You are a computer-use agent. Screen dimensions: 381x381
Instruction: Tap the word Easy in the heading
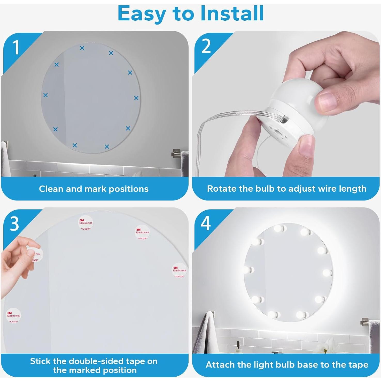click(142, 14)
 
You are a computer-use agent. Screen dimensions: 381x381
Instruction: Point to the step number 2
click(206, 47)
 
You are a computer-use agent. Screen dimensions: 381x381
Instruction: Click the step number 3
click(14, 224)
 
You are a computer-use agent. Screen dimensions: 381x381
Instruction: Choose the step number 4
click(206, 223)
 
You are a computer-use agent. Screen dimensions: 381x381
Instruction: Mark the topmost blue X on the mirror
click(82, 48)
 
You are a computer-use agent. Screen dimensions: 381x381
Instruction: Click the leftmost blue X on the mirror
click(45, 95)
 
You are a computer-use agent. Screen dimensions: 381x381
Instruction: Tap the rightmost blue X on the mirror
click(136, 98)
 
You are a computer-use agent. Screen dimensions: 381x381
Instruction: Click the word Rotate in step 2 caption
click(222, 189)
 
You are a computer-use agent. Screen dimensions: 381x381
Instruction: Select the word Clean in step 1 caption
click(51, 189)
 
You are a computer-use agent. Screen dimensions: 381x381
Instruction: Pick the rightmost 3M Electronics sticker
click(179, 270)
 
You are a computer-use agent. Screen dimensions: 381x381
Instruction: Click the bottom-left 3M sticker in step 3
click(13, 315)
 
